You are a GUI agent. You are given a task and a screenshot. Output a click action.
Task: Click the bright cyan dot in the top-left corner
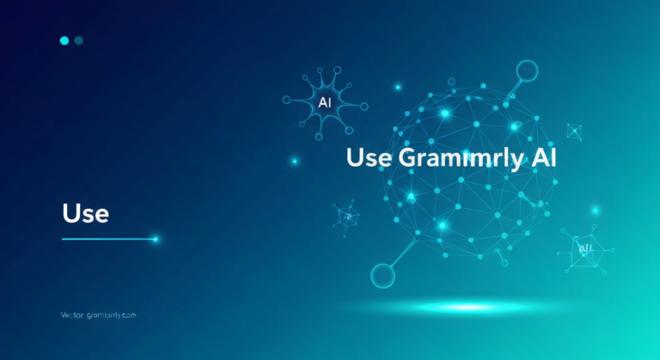[64, 40]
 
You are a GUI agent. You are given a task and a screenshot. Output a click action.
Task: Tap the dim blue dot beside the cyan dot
[79, 40]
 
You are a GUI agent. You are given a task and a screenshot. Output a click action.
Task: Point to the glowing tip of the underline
[155, 239]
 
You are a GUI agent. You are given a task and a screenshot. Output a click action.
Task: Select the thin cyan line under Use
[107, 239]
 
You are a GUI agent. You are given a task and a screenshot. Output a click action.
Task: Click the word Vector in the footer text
[74, 315]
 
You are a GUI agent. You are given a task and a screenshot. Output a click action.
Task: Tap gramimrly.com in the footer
[113, 315]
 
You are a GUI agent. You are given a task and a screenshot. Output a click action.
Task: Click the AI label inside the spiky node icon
[325, 102]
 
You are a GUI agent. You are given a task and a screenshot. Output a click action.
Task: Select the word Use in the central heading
[369, 159]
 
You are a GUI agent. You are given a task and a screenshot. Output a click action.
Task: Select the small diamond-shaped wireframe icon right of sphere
[574, 131]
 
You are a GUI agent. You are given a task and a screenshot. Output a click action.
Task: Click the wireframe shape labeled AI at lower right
[584, 249]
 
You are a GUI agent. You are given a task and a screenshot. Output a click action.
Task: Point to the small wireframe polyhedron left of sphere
[347, 215]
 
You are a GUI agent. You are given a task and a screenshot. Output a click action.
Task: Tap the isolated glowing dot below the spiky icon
[294, 161]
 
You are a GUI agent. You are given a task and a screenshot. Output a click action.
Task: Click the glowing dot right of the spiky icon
[397, 88]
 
